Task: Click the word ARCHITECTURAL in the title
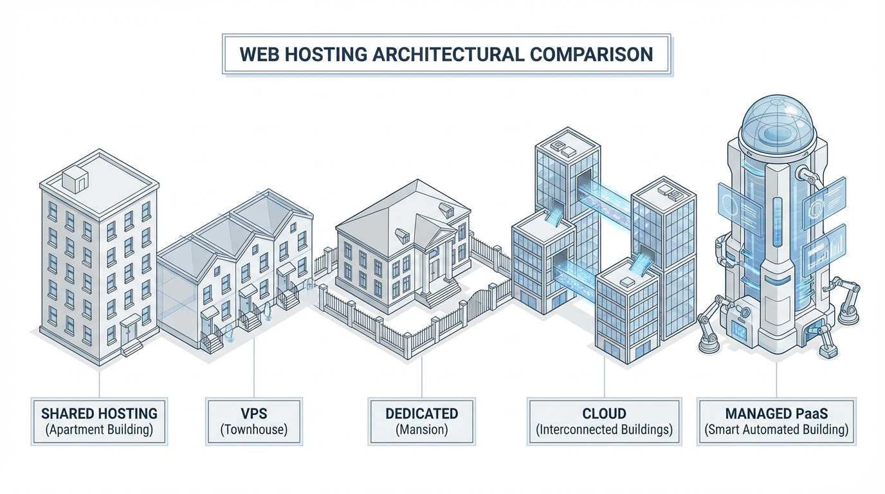448,54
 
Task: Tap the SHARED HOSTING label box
99,421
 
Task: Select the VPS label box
253,421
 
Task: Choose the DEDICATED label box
421,421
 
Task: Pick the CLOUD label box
604,421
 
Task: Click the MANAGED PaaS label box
776,421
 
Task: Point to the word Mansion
421,430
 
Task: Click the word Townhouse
253,430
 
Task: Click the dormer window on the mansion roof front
403,235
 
